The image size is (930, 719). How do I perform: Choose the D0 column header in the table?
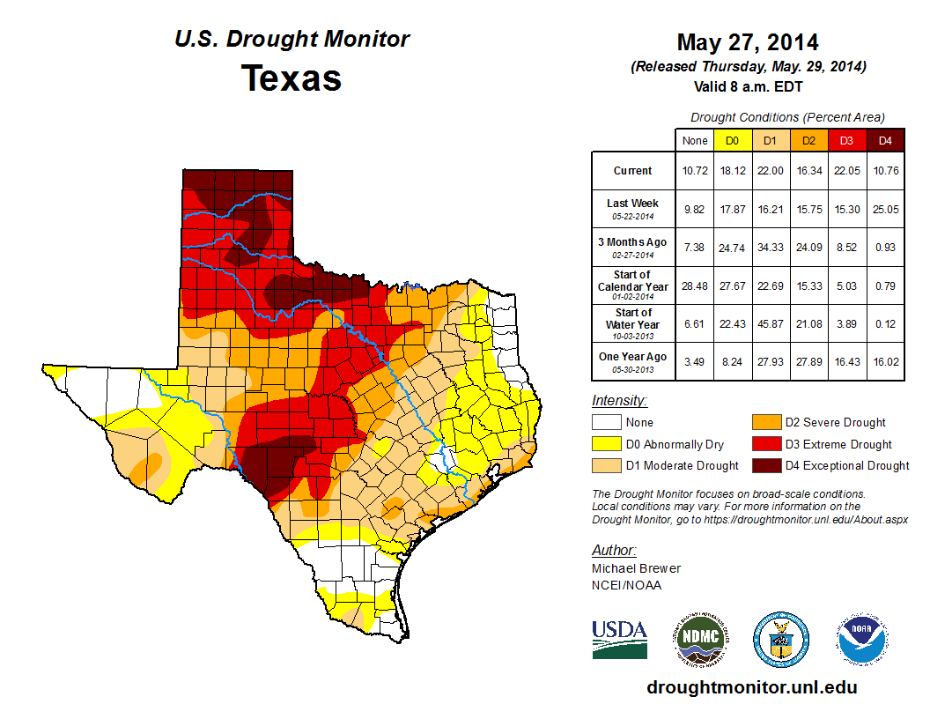pyautogui.click(x=732, y=140)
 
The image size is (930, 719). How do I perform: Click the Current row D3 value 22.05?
pyautogui.click(x=845, y=171)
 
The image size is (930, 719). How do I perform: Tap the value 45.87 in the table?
pyautogui.click(x=770, y=323)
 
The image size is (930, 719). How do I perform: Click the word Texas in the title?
pyautogui.click(x=292, y=78)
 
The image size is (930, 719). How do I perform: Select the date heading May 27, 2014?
pyautogui.click(x=747, y=42)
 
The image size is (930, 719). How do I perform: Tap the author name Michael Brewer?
pyautogui.click(x=636, y=568)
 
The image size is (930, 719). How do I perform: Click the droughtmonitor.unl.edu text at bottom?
pyautogui.click(x=751, y=687)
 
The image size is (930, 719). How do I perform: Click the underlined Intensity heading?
pyautogui.click(x=619, y=401)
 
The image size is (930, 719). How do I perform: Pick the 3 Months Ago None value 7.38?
pyautogui.click(x=694, y=248)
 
